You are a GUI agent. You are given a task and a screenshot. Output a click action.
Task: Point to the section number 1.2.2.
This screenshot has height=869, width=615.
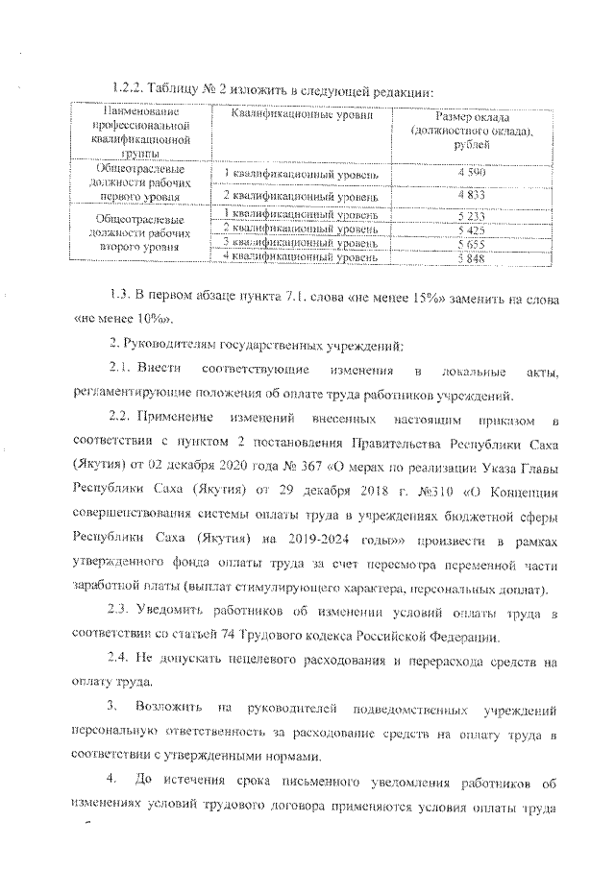pos(130,91)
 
